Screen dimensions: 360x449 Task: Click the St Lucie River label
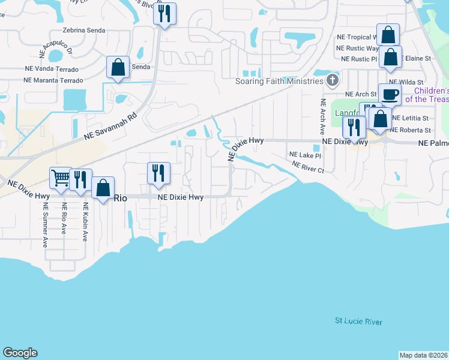pyautogui.click(x=358, y=322)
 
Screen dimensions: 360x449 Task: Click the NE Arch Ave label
pyautogui.click(x=323, y=118)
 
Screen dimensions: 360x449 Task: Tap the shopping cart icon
pyautogui.click(x=61, y=177)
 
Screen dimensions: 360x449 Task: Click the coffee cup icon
pyautogui.click(x=390, y=94)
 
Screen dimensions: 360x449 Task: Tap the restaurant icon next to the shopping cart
pyautogui.click(x=80, y=179)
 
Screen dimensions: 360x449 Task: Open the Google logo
pyautogui.click(x=20, y=353)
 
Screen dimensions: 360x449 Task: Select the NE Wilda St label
pyautogui.click(x=406, y=82)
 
